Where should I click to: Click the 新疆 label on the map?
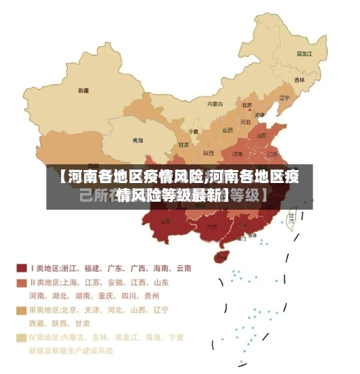pyautogui.click(x=84, y=91)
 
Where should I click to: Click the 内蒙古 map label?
pyautogui.click(x=215, y=104)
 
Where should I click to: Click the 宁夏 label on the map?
pyautogui.click(x=193, y=132)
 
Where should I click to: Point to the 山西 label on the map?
pyautogui.click(x=228, y=130)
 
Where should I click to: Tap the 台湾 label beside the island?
pyautogui.click(x=292, y=215)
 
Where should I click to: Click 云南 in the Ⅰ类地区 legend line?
pyautogui.click(x=182, y=268)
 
